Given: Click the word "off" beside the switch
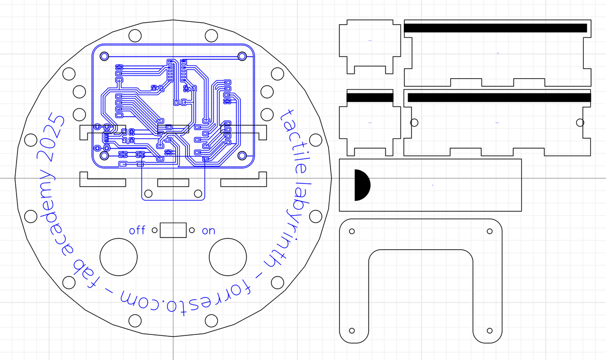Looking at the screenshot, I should [x=137, y=230].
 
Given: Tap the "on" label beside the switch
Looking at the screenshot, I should [x=208, y=231].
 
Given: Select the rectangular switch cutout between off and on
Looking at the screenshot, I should [x=173, y=230].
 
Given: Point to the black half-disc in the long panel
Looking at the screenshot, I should [x=362, y=185].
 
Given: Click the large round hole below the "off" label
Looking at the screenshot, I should [x=118, y=257].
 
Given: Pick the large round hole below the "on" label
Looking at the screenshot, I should [x=228, y=257].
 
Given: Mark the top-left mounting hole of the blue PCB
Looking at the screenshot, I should [x=105, y=56].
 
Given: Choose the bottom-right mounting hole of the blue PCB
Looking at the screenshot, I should [x=242, y=155].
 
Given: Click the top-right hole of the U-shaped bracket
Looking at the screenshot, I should [x=490, y=231].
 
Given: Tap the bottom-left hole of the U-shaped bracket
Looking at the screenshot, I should [x=352, y=330].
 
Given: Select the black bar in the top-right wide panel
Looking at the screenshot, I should [x=496, y=28].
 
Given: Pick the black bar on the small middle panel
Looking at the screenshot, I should [x=370, y=98].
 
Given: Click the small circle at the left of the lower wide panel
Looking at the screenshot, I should [x=414, y=123].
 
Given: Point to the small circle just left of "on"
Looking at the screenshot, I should [x=192, y=230].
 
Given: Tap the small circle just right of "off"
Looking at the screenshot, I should [x=155, y=230].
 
